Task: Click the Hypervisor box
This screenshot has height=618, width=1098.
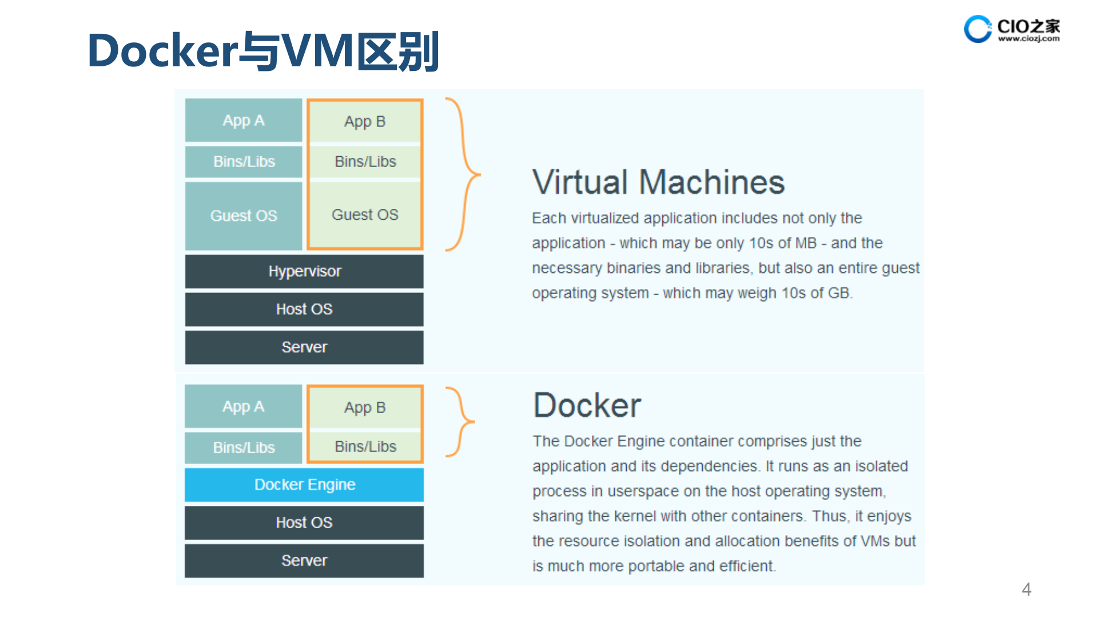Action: (x=304, y=271)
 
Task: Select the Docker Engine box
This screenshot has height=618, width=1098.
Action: (x=304, y=485)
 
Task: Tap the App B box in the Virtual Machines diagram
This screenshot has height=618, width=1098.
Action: (x=365, y=121)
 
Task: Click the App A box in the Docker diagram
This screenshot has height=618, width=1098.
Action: (x=243, y=407)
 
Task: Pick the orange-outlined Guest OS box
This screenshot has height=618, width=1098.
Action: (x=365, y=215)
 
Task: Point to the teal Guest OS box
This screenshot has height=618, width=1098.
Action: (x=243, y=216)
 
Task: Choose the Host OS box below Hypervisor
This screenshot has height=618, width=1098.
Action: (x=304, y=309)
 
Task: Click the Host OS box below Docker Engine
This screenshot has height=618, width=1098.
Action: (x=304, y=522)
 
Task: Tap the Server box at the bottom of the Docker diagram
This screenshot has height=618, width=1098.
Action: (x=304, y=560)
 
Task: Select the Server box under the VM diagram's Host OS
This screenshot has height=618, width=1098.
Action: (x=304, y=347)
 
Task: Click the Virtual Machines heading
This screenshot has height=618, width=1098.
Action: (x=658, y=183)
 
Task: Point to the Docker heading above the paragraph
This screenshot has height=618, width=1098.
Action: (x=587, y=406)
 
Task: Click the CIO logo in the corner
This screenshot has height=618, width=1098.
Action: (x=978, y=29)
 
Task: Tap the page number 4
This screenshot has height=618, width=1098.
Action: (x=1027, y=589)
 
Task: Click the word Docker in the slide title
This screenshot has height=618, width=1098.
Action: (x=162, y=51)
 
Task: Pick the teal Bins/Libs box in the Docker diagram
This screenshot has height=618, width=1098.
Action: (x=243, y=447)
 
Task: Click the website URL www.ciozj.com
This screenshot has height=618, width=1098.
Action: (x=1029, y=39)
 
